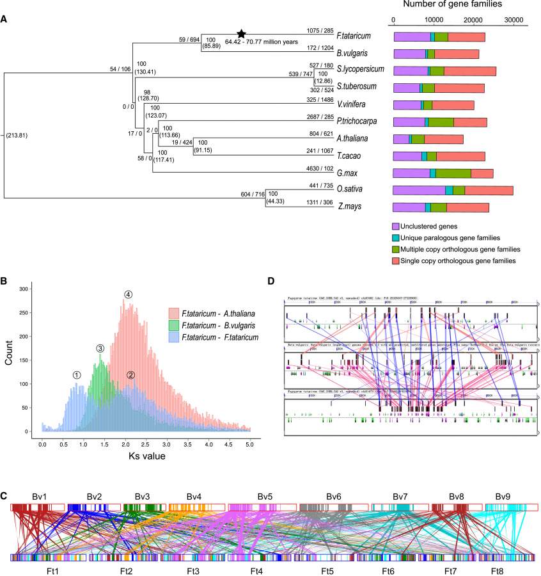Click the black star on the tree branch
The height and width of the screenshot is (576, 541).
click(241, 34)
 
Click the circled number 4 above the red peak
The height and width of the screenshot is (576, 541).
click(129, 294)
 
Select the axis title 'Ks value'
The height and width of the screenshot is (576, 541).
click(146, 457)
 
